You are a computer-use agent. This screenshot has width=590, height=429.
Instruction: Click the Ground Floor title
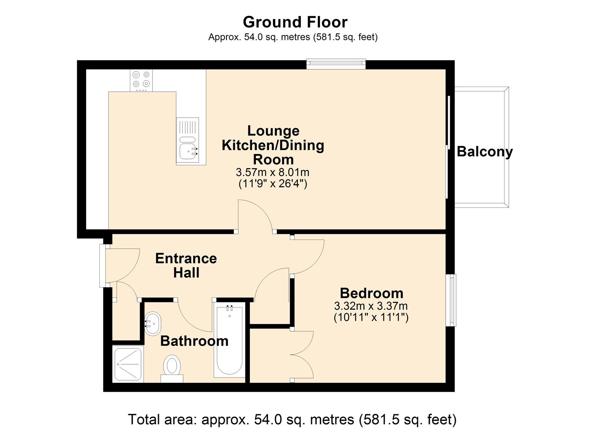295,22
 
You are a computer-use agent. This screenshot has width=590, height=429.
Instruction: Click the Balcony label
484,152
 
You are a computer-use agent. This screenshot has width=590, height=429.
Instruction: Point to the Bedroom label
371,293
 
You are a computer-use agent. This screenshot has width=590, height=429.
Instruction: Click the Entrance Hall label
186,265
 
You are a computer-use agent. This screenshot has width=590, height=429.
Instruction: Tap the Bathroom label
194,341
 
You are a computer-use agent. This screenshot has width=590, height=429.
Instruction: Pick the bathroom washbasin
152,323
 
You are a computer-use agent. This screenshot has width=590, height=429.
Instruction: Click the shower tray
128,364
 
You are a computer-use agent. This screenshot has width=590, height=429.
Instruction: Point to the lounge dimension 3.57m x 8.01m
273,172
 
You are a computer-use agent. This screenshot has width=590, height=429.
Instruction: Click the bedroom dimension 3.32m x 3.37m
371,306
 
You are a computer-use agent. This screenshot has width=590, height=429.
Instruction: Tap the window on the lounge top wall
336,64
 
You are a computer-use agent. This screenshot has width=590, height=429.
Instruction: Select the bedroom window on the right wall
453,300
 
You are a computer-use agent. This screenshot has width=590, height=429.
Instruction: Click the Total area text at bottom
292,419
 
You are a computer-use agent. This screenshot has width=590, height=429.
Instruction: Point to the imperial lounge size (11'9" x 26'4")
273,184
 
